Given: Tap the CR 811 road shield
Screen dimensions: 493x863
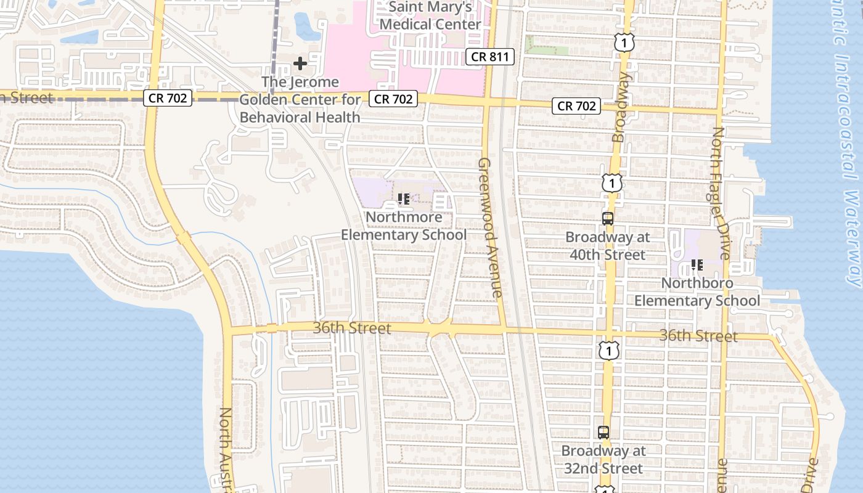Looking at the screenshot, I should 489,57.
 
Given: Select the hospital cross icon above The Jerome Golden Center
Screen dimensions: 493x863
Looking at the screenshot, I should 300,63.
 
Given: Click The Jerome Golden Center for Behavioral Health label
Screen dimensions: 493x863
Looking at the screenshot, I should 300,99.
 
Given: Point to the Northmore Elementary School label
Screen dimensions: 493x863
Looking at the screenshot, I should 404,226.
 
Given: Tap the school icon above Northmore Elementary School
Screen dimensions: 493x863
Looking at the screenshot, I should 404,199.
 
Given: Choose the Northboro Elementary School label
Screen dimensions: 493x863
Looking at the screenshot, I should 697,291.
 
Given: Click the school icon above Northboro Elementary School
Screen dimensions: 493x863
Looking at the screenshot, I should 697,265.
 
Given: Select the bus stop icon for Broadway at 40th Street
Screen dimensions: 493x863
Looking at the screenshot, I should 608,218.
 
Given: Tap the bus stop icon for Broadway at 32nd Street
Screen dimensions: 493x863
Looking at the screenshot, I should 603,433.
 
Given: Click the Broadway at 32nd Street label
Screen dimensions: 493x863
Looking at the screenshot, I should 603,459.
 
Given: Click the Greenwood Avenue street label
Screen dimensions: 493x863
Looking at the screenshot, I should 491,227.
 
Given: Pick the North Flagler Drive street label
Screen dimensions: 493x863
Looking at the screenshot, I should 721,194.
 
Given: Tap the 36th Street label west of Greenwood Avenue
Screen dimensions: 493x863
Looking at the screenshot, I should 351,328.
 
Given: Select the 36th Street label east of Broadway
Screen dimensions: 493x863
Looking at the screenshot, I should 698,336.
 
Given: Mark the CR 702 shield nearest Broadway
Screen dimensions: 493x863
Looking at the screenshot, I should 577,106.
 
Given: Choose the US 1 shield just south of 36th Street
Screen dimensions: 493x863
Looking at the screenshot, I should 608,351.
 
